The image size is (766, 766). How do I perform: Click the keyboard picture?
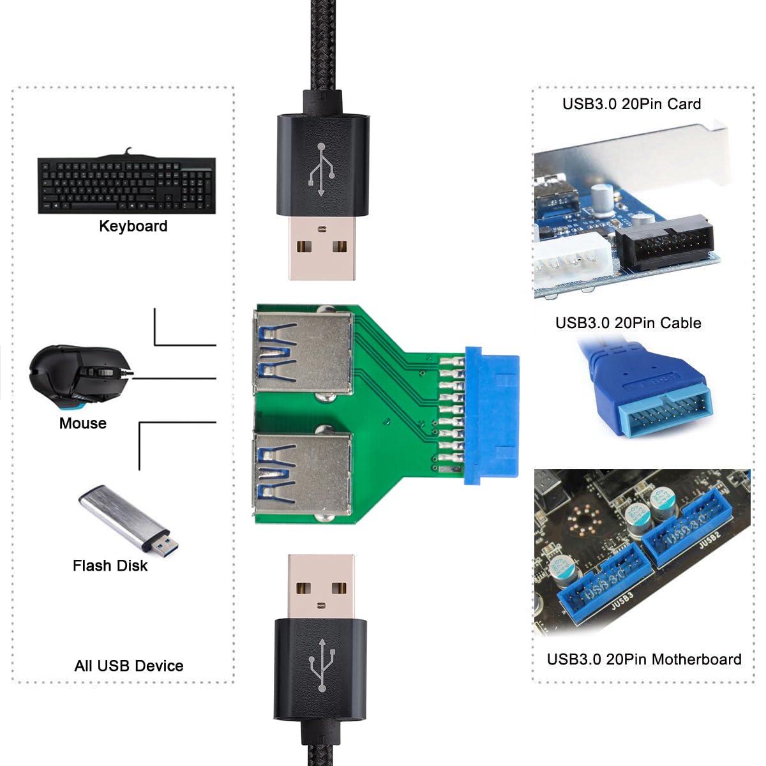pos(126,185)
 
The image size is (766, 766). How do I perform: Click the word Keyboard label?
pos(133,226)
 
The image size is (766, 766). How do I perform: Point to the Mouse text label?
pos(82,423)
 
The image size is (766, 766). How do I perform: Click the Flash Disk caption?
pos(110,566)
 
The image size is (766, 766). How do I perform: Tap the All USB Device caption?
pos(129,666)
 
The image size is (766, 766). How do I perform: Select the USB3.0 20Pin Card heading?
pos(631,104)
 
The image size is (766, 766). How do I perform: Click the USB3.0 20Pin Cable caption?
pos(628,323)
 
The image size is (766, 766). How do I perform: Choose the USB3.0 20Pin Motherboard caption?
pos(644,659)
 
